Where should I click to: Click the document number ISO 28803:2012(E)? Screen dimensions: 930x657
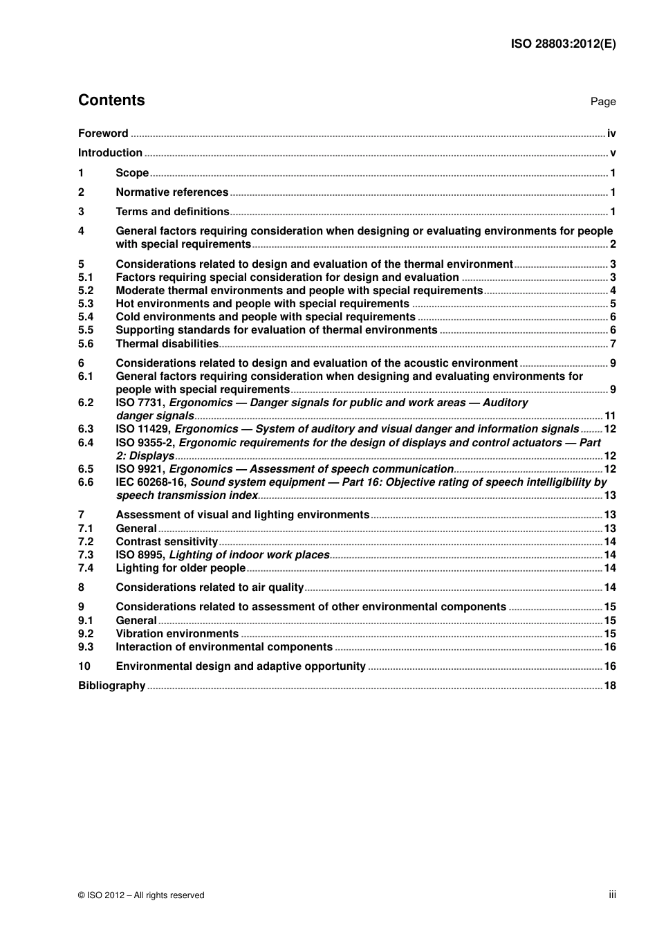coord(563,44)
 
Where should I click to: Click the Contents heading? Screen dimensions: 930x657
coord(111,100)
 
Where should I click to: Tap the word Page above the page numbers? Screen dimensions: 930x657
coord(602,102)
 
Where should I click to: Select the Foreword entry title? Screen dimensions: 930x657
coord(103,134)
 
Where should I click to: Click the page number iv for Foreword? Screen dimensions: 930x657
coord(611,134)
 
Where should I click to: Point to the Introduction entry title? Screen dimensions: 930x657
coord(110,153)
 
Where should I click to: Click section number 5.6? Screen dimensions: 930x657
coord(86,344)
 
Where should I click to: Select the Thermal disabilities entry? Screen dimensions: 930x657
coord(167,344)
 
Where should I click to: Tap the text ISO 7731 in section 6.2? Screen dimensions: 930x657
coord(140,403)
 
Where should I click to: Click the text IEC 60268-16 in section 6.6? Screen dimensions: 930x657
coord(151,482)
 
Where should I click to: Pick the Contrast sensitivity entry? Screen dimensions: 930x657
coord(167,542)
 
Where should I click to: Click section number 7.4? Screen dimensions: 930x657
coord(86,568)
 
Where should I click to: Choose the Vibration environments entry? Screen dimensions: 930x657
coord(177,634)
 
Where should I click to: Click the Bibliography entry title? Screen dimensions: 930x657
coord(111,686)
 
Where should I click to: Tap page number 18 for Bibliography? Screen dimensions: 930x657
coord(610,686)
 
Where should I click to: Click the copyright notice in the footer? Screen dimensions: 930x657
coord(141,895)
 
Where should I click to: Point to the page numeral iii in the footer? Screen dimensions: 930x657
coord(612,895)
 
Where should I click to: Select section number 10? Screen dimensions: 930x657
coord(84,666)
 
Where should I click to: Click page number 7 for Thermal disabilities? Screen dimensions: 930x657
coord(613,344)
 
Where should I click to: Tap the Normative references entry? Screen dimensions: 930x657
coord(172,192)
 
